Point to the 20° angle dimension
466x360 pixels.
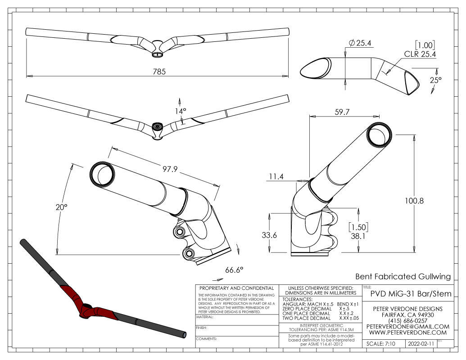pyautogui.click(x=62, y=207)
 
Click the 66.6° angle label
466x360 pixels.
pyautogui.click(x=234, y=270)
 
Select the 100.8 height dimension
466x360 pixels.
pyautogui.click(x=414, y=201)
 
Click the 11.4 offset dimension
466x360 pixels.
pyautogui.click(x=275, y=177)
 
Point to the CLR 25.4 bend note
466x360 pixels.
pyautogui.click(x=421, y=54)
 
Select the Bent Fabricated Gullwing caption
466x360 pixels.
pyautogui.click(x=403, y=276)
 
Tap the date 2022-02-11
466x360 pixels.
pyautogui.click(x=421, y=343)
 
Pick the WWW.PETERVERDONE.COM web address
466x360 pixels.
pyautogui.click(x=407, y=332)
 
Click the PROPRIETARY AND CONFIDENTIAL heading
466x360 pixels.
pyautogui.click(x=236, y=288)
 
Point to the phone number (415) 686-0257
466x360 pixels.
pyautogui.click(x=407, y=320)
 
